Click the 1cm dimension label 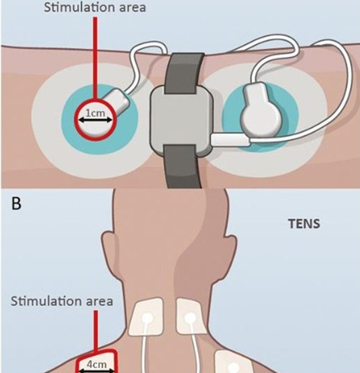point(97,112)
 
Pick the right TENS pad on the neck point(191,318)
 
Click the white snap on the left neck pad point(149,318)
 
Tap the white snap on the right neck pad point(190,318)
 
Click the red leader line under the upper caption point(97,55)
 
